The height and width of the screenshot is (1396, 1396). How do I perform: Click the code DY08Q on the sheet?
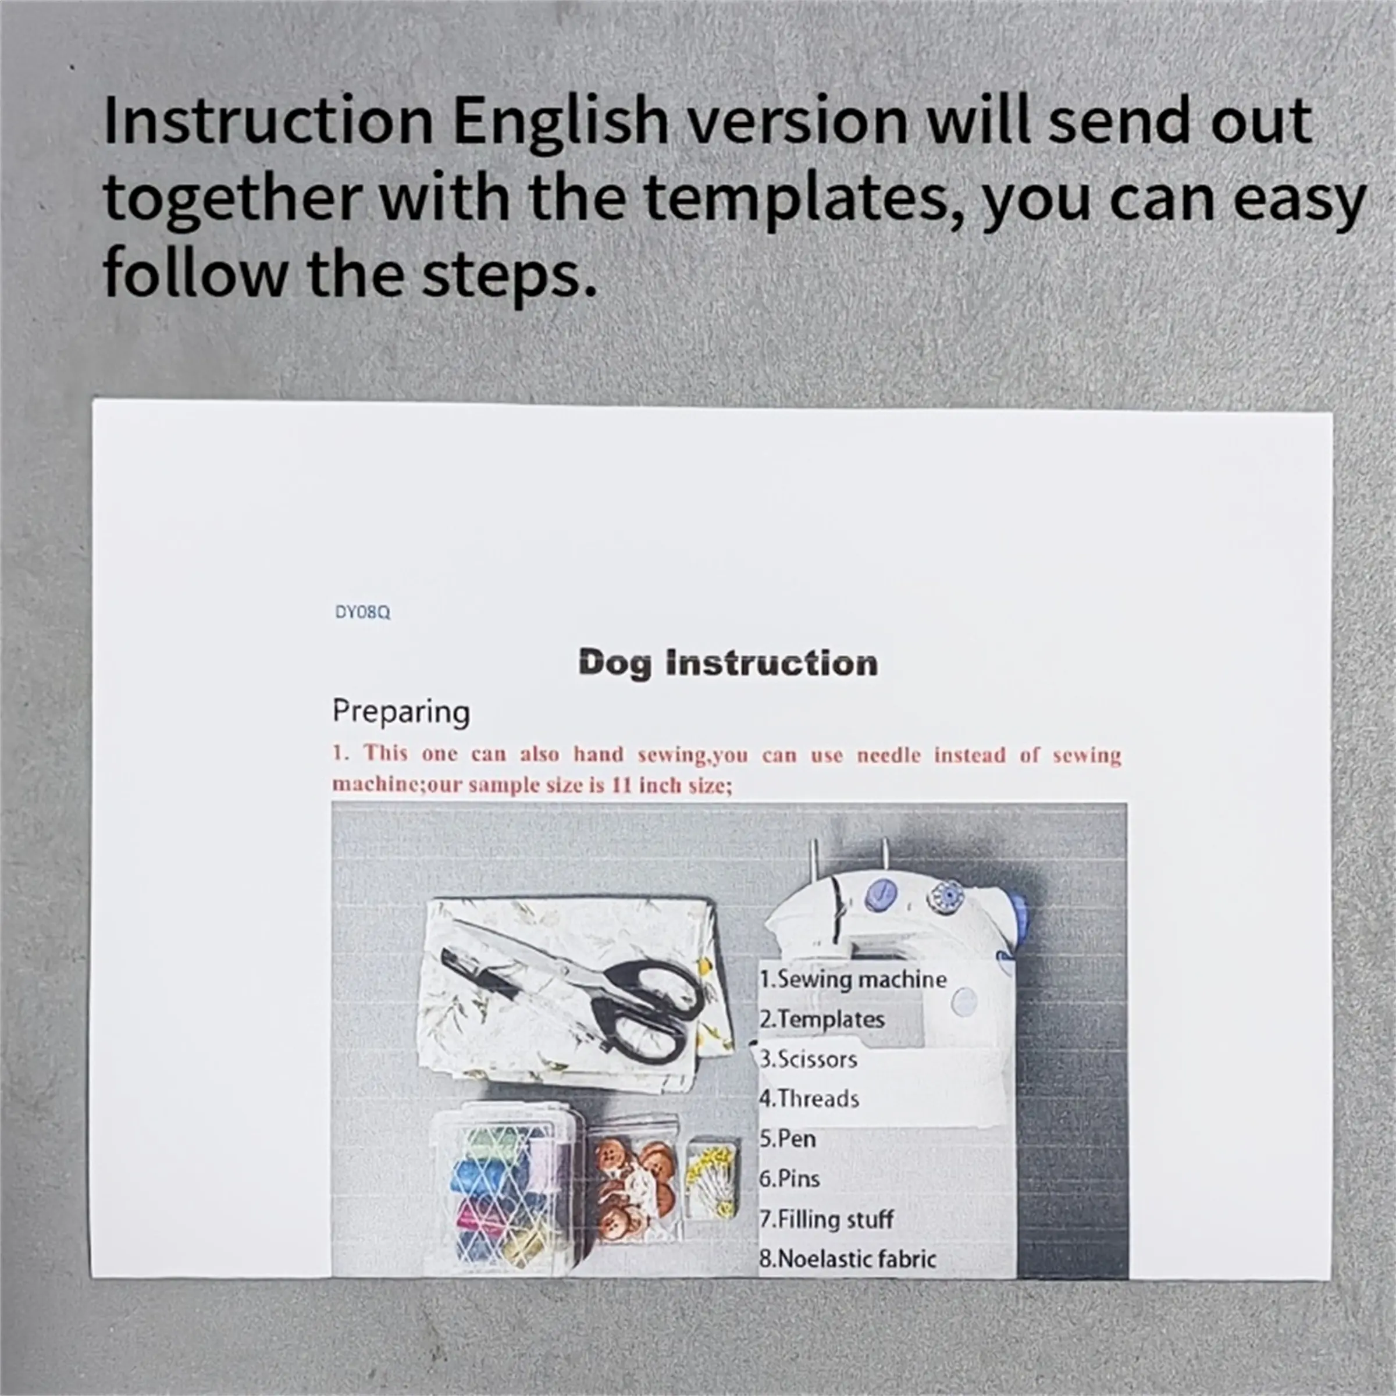[x=363, y=612]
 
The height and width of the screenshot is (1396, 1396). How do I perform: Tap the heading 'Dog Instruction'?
[x=728, y=663]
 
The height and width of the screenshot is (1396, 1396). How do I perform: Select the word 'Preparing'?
[x=401, y=713]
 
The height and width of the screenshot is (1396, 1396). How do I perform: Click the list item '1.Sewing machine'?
[x=853, y=980]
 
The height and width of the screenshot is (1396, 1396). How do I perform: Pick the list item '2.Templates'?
[x=821, y=1020]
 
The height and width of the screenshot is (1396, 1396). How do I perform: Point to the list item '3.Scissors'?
[x=808, y=1059]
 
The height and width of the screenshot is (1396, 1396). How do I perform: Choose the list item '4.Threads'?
[x=809, y=1099]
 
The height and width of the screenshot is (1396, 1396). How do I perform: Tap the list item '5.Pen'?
[x=788, y=1139]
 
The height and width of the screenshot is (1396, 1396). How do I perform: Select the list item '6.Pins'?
[x=790, y=1178]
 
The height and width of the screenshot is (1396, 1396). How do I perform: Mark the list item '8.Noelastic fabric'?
[x=847, y=1259]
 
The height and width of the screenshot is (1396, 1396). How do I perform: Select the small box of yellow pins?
[x=713, y=1178]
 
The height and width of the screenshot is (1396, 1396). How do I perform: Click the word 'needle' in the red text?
[x=889, y=755]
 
